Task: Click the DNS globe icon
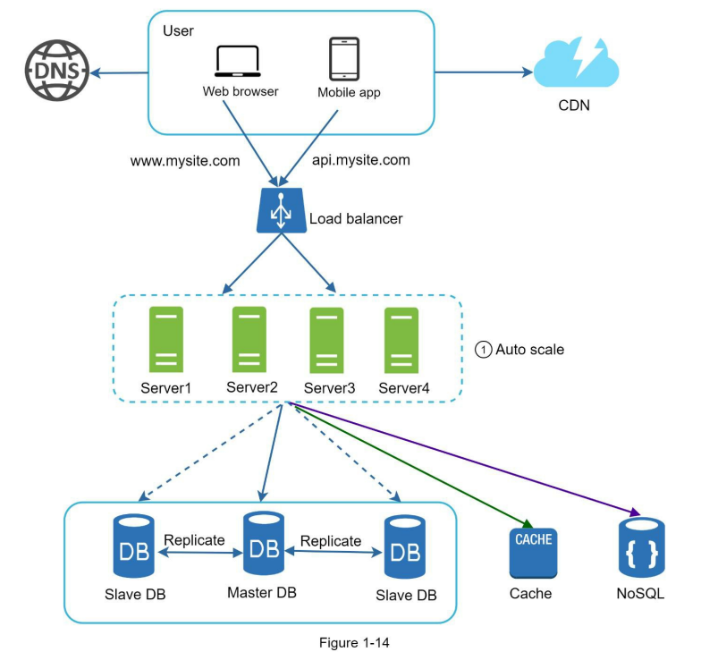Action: (x=57, y=71)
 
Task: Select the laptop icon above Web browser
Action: (x=238, y=61)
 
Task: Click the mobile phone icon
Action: (x=344, y=59)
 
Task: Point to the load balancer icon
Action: (x=281, y=210)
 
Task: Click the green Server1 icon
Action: (x=166, y=340)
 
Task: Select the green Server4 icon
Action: (x=401, y=340)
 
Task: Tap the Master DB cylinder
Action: (x=263, y=544)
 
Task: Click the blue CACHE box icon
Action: (x=533, y=553)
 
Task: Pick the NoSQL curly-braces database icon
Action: (x=642, y=547)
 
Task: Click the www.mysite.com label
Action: (x=185, y=161)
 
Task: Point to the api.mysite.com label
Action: (x=361, y=160)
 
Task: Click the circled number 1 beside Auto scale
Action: (x=483, y=349)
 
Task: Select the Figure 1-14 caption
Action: (x=354, y=642)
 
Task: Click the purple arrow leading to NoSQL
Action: (x=464, y=459)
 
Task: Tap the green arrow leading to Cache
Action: (x=412, y=465)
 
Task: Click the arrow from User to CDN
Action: (x=484, y=72)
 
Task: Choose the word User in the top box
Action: (x=179, y=30)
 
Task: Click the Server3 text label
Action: (x=329, y=388)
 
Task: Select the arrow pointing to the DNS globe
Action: (x=119, y=72)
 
